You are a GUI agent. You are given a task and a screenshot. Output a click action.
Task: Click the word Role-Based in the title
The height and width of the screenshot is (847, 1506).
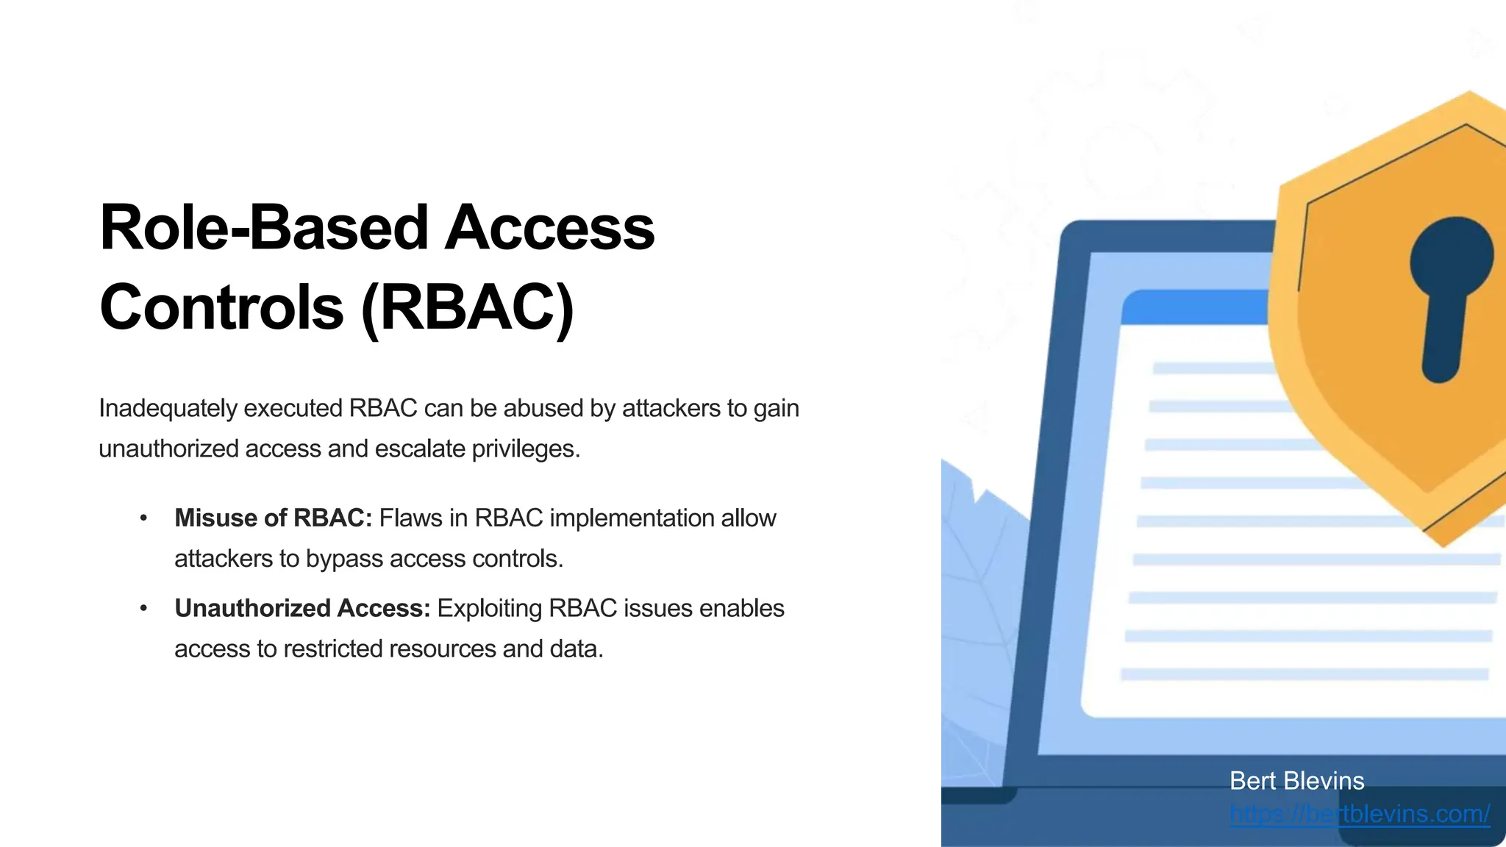(263, 228)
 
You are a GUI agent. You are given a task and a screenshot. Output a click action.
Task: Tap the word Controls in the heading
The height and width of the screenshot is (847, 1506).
(221, 307)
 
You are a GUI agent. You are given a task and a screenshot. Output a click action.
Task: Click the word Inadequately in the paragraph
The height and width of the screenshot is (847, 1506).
(168, 408)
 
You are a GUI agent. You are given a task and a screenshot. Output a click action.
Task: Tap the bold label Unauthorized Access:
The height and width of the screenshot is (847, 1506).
(302, 609)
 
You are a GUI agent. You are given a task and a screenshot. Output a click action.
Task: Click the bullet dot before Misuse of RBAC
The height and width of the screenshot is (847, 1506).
(143, 518)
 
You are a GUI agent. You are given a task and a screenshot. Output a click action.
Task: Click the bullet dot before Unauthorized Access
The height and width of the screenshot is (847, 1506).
(143, 609)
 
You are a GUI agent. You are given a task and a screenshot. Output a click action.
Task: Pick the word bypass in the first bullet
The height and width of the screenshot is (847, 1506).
(340, 559)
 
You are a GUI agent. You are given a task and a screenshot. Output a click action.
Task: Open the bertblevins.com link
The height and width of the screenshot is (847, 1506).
(1359, 814)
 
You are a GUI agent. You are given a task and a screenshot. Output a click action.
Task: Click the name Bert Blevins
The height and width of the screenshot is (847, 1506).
(1296, 781)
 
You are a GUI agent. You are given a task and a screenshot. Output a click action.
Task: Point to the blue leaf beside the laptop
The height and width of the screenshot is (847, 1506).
(978, 588)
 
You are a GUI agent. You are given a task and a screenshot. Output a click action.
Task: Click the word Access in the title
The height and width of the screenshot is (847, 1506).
(549, 228)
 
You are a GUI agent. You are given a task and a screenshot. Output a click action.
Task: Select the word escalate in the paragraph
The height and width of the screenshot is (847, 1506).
(420, 448)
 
